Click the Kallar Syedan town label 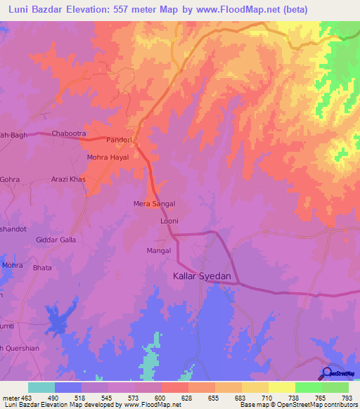pos(202,277)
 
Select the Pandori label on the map pos(119,141)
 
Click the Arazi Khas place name pos(68,179)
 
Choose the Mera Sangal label pos(154,204)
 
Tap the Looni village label pos(169,221)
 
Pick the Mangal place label pos(159,250)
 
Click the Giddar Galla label pos(56,240)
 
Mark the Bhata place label pos(42,267)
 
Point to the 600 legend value pos(162,398)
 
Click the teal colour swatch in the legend pos(41,387)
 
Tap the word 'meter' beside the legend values pos(10,398)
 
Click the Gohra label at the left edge pos(10,179)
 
